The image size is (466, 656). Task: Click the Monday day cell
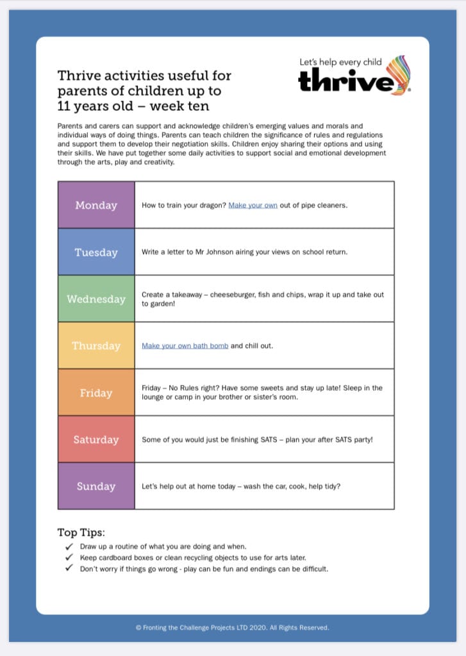96,205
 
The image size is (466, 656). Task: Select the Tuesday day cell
96,252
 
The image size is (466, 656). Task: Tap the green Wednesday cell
96,299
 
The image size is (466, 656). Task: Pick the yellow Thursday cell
96,345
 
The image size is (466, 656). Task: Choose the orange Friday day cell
96,392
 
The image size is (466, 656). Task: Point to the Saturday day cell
96,439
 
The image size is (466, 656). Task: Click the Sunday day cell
96,486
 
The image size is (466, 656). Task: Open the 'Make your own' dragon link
253,206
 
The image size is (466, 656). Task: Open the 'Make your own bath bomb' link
185,346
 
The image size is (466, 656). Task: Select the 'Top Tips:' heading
81,533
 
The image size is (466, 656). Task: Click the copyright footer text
233,628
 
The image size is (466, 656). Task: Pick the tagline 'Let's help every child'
340,62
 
